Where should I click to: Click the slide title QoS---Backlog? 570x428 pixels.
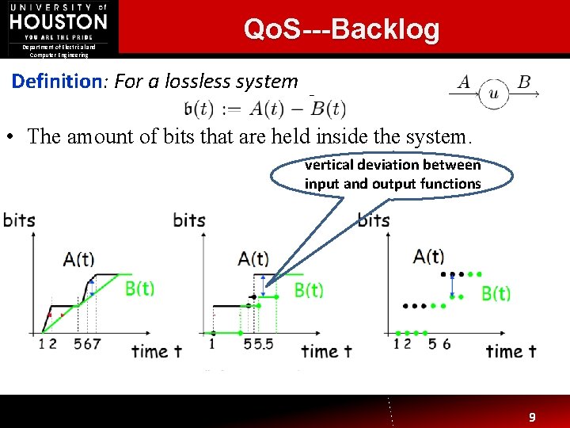(341, 29)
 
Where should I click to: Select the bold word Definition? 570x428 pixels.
(52, 81)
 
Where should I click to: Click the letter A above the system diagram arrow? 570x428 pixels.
(464, 82)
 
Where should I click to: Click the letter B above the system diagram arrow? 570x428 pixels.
(524, 82)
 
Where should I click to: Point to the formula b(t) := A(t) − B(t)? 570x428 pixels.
(264, 109)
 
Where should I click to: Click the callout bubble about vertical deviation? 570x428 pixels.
(393, 174)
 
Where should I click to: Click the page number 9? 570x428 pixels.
(532, 417)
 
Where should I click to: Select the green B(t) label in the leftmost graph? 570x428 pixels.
(139, 289)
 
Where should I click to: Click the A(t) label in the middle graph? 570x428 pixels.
(253, 259)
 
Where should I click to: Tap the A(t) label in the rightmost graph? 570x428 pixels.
(428, 256)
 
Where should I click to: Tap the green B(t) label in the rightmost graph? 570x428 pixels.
(496, 293)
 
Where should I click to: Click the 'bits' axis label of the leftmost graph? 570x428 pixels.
(19, 220)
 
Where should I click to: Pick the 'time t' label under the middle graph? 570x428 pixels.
(330, 350)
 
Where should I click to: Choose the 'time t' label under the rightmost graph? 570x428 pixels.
(511, 350)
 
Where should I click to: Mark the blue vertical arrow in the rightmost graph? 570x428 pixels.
(452, 285)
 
